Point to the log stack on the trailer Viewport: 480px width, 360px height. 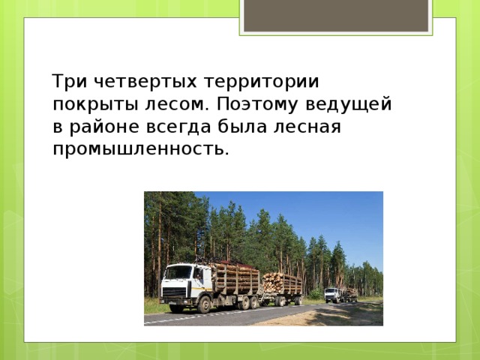pos(283,283)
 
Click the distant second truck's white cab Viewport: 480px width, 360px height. pos(331,293)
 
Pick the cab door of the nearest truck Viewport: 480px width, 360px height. pos(196,280)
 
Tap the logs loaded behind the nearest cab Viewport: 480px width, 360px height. pos(236,280)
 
